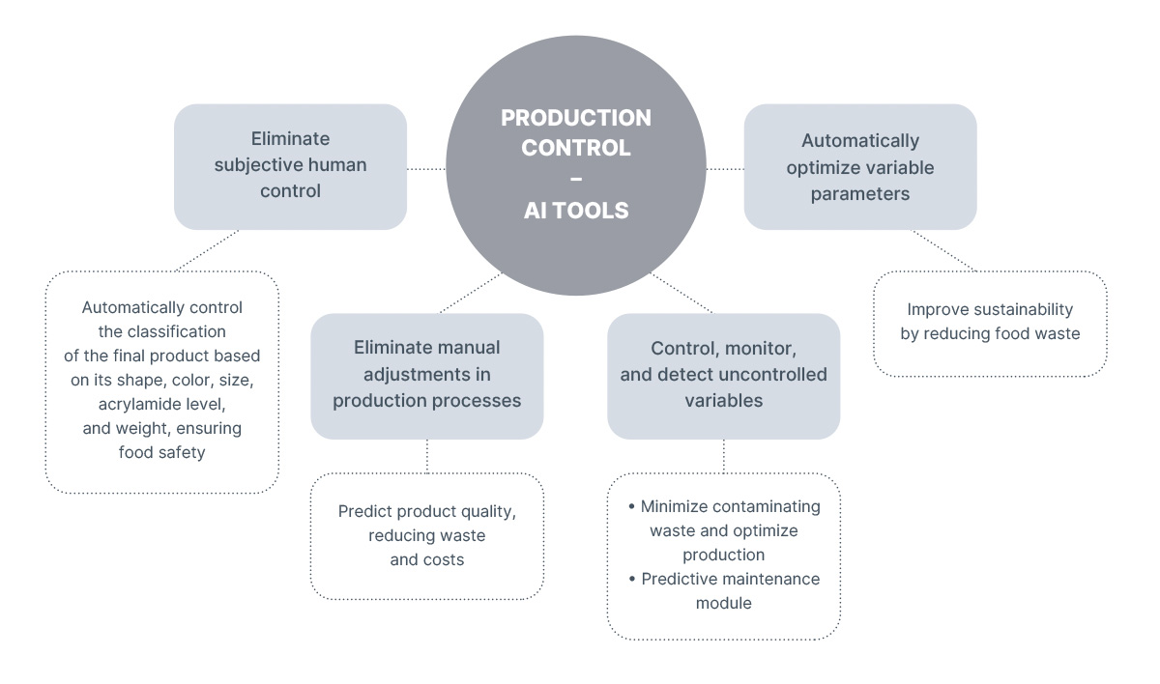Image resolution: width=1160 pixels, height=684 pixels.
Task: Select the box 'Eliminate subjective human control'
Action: (290, 166)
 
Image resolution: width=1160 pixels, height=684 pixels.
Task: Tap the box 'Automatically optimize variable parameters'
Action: (859, 167)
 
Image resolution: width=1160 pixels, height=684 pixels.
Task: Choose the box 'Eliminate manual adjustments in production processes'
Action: (426, 375)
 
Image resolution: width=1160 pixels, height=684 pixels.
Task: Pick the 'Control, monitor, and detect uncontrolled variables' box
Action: (723, 375)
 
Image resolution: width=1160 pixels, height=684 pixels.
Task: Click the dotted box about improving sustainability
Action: (989, 323)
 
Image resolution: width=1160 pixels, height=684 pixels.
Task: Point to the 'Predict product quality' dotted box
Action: (426, 535)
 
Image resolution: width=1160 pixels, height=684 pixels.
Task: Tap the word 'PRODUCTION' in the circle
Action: (576, 118)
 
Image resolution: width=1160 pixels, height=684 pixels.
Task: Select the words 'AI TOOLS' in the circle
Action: (576, 211)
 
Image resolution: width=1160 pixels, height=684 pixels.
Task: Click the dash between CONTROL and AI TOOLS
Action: (576, 180)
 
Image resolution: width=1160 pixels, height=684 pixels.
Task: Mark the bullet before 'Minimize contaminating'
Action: (631, 506)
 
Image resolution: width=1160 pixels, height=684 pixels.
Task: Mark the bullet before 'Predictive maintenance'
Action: (631, 579)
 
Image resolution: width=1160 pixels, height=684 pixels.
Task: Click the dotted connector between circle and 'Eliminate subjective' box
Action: (426, 168)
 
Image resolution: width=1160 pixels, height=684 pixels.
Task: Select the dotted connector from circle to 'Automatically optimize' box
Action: (724, 168)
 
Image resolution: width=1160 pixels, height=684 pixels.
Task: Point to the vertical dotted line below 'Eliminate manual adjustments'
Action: (427, 456)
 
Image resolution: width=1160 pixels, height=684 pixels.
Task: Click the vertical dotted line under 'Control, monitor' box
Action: (724, 456)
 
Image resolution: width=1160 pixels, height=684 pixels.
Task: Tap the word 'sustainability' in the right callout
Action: (1025, 309)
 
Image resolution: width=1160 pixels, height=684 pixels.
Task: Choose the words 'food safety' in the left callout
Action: (161, 451)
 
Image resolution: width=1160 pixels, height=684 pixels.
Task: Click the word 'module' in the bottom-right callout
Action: (723, 603)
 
